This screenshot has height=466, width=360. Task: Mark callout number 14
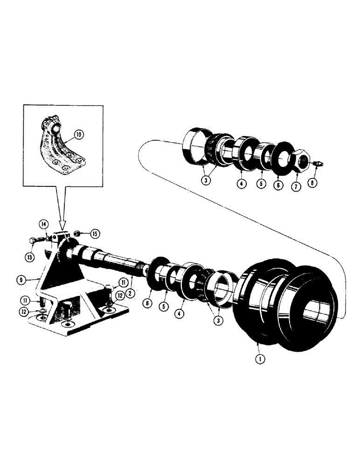tap(43, 224)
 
